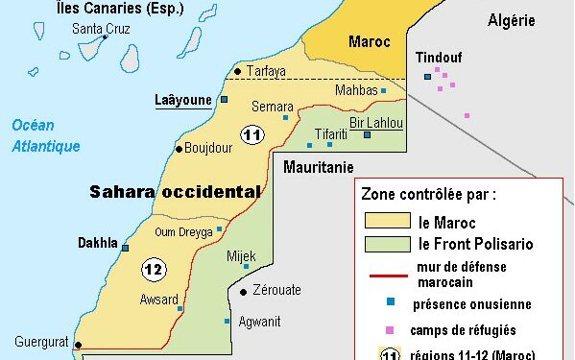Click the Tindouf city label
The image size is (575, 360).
[x=439, y=58]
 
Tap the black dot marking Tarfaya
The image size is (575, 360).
[x=237, y=70]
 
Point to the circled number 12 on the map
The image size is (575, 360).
[x=153, y=270]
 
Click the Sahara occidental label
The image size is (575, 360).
[x=175, y=191]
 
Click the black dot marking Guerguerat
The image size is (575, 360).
[x=78, y=346]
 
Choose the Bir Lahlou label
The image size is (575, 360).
[x=376, y=123]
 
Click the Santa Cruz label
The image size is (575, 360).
[x=103, y=28]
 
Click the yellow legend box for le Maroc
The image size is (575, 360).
[x=387, y=222]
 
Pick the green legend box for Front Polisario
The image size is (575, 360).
[x=387, y=244]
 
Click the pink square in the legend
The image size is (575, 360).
[x=389, y=330]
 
